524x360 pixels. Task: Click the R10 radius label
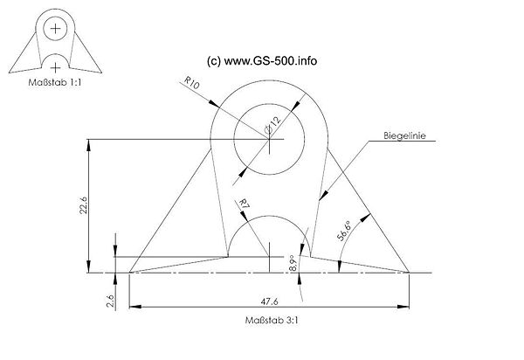click(192, 82)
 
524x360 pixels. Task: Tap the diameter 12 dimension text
click(273, 125)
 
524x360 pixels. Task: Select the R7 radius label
click(245, 204)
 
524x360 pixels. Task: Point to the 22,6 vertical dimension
click(83, 205)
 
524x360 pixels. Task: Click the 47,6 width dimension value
click(269, 301)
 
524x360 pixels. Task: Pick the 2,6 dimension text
click(111, 301)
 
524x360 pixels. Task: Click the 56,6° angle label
click(344, 231)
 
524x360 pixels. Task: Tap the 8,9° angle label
click(293, 263)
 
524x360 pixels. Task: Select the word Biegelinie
click(404, 135)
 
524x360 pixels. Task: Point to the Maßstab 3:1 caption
click(272, 320)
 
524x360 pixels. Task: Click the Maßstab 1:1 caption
click(55, 82)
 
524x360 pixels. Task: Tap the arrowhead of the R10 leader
click(214, 103)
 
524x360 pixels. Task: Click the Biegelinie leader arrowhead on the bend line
click(323, 196)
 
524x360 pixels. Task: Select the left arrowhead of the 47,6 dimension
click(134, 307)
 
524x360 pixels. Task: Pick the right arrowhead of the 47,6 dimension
click(403, 307)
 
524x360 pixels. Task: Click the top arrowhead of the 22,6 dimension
click(88, 145)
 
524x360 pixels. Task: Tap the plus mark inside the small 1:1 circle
click(55, 29)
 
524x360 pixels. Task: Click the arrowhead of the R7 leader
click(244, 217)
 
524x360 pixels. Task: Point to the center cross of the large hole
click(269, 139)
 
